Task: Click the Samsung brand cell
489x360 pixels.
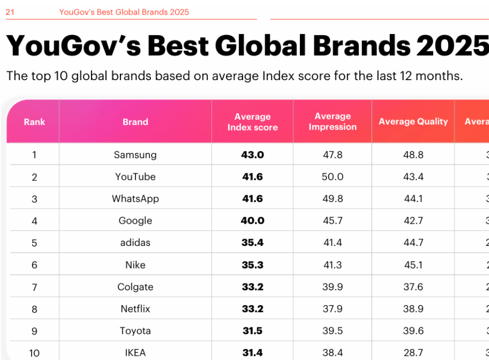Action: pyautogui.click(x=135, y=154)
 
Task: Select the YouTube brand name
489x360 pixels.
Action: pyautogui.click(x=135, y=177)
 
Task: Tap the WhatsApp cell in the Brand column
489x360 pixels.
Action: pyautogui.click(x=135, y=199)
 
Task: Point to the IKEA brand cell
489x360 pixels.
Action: pyautogui.click(x=135, y=353)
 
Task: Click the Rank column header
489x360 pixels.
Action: pyautogui.click(x=34, y=122)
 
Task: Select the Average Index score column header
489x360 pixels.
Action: pyautogui.click(x=252, y=122)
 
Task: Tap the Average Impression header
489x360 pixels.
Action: pyautogui.click(x=332, y=121)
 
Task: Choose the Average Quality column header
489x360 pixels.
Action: pyautogui.click(x=413, y=121)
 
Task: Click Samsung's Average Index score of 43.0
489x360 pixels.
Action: pyautogui.click(x=252, y=154)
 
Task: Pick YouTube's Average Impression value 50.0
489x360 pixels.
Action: pyautogui.click(x=332, y=177)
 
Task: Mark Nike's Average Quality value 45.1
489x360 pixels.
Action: pyautogui.click(x=413, y=265)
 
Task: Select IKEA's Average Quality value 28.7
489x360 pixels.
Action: pyautogui.click(x=413, y=353)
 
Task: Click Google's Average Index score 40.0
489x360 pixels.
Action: pyautogui.click(x=252, y=221)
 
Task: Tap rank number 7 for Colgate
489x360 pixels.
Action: pyautogui.click(x=34, y=287)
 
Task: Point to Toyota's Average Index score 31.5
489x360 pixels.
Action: pyautogui.click(x=252, y=331)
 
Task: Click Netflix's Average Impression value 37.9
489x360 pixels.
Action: pyautogui.click(x=332, y=309)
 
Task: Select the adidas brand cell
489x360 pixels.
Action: pyautogui.click(x=135, y=243)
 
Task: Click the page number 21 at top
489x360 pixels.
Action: pyautogui.click(x=10, y=12)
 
